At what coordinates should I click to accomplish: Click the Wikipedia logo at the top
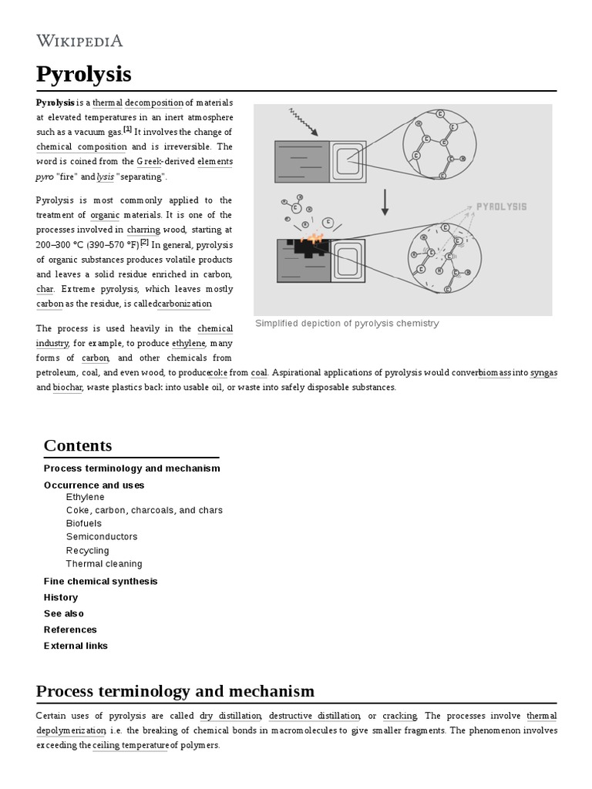point(79,41)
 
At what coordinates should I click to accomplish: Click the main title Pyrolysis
point(83,74)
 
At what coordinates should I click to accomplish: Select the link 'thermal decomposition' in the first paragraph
point(138,102)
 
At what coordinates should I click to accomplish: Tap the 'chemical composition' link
point(82,146)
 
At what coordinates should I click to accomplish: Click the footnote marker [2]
point(144,242)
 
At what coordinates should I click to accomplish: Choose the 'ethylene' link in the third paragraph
point(188,343)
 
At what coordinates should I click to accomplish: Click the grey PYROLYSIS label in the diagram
point(501,206)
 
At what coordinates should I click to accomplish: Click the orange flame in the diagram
point(314,236)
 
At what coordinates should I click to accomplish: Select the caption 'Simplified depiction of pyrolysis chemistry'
point(347,324)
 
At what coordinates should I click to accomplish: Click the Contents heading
point(78,445)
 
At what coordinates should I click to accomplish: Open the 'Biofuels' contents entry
point(83,523)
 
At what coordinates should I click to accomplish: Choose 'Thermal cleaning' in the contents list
point(104,563)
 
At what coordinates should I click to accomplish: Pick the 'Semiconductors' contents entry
point(102,536)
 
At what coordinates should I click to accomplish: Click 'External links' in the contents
point(76,646)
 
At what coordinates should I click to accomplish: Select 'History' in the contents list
point(61,597)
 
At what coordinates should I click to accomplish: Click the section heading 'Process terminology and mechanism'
point(175,690)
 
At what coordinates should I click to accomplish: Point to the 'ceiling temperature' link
point(129,745)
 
